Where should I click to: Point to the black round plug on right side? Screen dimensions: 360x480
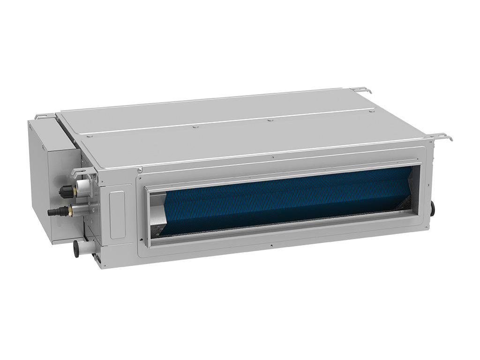[432, 208]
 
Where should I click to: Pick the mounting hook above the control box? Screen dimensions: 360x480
[41, 115]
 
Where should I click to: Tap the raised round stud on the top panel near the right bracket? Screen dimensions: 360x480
[372, 112]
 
